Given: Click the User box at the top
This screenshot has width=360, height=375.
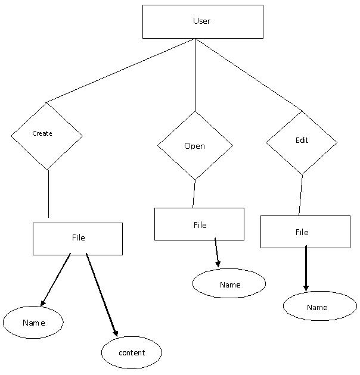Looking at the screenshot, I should [203, 21].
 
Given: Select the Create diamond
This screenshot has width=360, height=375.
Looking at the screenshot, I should [46, 136].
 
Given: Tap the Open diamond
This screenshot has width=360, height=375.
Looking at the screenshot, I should [195, 146].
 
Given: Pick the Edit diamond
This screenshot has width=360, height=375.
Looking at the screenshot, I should [302, 142].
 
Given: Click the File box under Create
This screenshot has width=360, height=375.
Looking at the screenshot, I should [77, 239].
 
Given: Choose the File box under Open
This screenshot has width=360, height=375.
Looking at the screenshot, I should [199, 224].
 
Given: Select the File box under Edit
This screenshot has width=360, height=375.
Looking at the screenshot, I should [305, 232].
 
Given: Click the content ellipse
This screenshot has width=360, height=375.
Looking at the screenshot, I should [132, 352].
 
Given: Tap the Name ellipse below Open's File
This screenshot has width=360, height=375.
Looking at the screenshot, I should [229, 283].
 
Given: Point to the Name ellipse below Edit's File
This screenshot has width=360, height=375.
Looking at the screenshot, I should [319, 306].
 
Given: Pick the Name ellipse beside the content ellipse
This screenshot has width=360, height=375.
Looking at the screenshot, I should [33, 322].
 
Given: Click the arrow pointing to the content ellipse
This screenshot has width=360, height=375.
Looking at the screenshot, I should [101, 295].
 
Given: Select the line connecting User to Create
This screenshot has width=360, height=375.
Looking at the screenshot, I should [119, 71].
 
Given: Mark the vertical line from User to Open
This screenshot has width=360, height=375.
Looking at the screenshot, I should [195, 74].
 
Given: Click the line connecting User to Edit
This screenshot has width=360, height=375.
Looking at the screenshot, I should [249, 74].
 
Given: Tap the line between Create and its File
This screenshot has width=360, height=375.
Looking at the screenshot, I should [48, 193].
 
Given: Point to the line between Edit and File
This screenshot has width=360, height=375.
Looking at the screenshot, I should [301, 195].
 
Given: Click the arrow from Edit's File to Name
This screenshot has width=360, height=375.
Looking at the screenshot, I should [306, 268].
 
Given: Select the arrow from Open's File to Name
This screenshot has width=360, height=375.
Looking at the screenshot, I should [217, 253].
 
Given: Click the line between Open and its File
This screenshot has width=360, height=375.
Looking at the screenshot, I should [194, 193].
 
